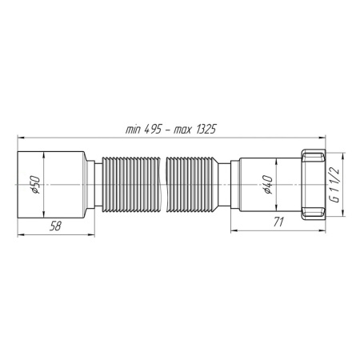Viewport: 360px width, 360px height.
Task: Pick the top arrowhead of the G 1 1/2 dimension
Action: [x=343, y=152]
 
